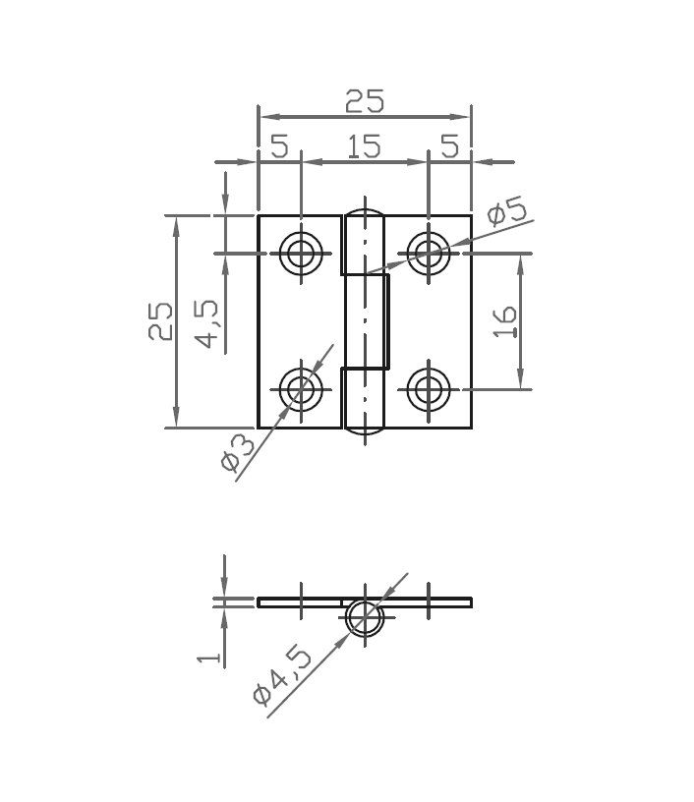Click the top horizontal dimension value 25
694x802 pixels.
(x=364, y=100)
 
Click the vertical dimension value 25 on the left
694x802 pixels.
(x=160, y=320)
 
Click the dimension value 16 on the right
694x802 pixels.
(x=505, y=321)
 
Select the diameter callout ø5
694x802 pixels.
(x=506, y=212)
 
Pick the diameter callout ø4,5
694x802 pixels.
(x=282, y=674)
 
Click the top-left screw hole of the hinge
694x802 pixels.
(x=301, y=254)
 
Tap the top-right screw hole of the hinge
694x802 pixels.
(x=428, y=254)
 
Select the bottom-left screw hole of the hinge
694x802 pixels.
(x=301, y=389)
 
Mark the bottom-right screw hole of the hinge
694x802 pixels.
(x=428, y=389)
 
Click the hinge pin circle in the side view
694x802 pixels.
(x=364, y=617)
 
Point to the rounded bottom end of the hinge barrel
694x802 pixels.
(x=364, y=429)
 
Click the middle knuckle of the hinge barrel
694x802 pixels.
(x=366, y=321)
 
